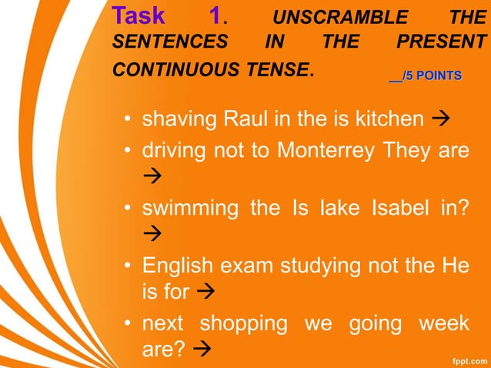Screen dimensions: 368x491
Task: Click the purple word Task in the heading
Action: point(139,16)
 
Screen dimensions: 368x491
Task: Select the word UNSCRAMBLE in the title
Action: point(341,18)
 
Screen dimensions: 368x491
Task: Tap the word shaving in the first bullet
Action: point(180,120)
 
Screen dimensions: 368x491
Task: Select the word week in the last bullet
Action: point(443,323)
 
